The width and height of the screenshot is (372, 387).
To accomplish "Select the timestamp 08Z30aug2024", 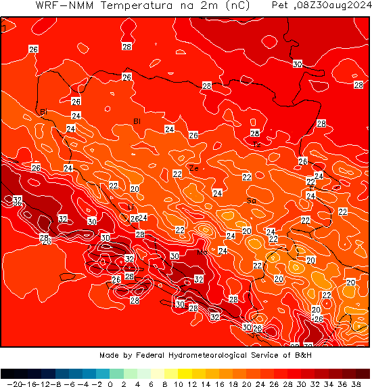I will [334, 5].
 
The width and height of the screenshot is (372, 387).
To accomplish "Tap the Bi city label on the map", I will [43, 112].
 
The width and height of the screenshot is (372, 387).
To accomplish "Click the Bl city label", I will [137, 121].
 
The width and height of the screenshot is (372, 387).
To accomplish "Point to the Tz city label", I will [257, 144].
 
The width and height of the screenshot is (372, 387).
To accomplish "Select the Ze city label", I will [194, 169].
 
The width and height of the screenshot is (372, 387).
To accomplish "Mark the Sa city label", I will [251, 201].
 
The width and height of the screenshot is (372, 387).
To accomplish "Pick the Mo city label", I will [201, 252].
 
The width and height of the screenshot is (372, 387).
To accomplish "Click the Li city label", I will [131, 207].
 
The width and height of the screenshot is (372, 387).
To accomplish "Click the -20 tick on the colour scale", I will [9, 384].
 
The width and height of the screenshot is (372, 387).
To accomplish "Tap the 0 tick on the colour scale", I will [110, 384].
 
